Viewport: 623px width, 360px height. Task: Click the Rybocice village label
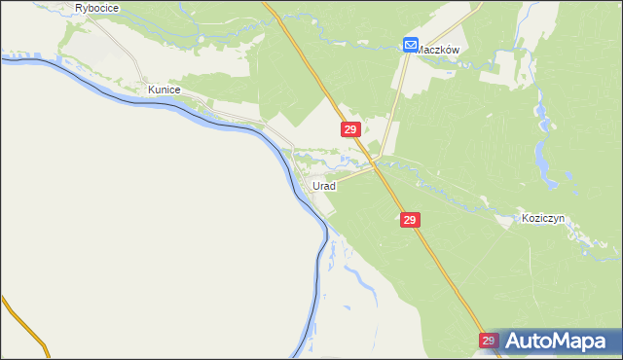(x=95, y=8)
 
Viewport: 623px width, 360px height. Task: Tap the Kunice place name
(x=164, y=89)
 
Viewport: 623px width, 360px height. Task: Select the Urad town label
(x=324, y=185)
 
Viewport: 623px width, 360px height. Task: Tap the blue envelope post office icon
(x=411, y=44)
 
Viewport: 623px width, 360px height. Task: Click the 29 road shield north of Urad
(x=351, y=128)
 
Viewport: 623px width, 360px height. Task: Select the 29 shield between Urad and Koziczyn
(x=410, y=221)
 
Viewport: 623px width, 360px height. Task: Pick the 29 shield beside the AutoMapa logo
(x=489, y=341)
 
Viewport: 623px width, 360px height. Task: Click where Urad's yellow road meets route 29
(x=375, y=167)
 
